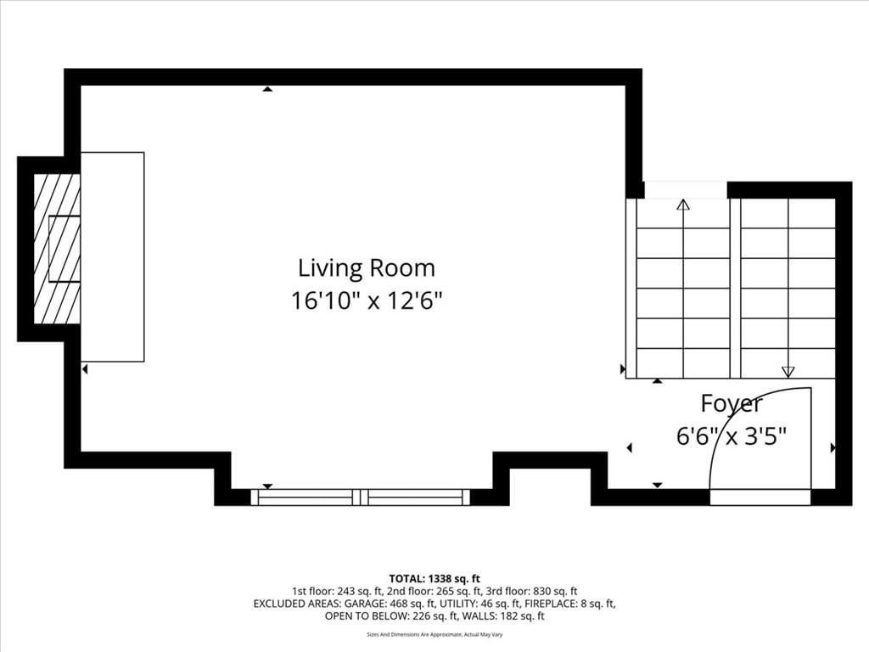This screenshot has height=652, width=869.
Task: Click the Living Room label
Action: (367, 268)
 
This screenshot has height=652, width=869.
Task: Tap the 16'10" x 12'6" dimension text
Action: (367, 301)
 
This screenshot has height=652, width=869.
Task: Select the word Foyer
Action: (732, 404)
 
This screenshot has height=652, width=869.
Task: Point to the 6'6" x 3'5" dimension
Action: (732, 436)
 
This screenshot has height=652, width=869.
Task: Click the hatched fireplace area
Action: (57, 249)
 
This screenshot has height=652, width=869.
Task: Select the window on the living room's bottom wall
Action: (360, 497)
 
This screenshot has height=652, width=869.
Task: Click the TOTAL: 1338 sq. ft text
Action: (434, 579)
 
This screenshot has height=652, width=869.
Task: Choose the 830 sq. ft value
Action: (555, 591)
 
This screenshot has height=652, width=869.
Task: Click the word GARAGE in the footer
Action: (364, 604)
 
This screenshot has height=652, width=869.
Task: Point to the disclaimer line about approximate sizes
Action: (434, 634)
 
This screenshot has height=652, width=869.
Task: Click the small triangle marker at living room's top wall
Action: (267, 88)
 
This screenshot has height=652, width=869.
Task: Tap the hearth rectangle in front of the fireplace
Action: (113, 256)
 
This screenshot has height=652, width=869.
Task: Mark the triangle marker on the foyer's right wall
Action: (833, 447)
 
